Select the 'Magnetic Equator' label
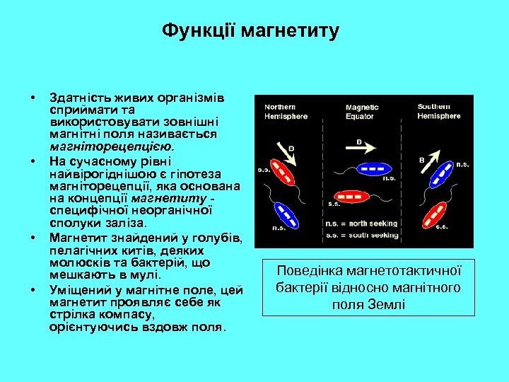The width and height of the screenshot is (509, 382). tap(362, 112)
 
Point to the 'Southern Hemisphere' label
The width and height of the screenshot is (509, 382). tap(438, 111)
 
